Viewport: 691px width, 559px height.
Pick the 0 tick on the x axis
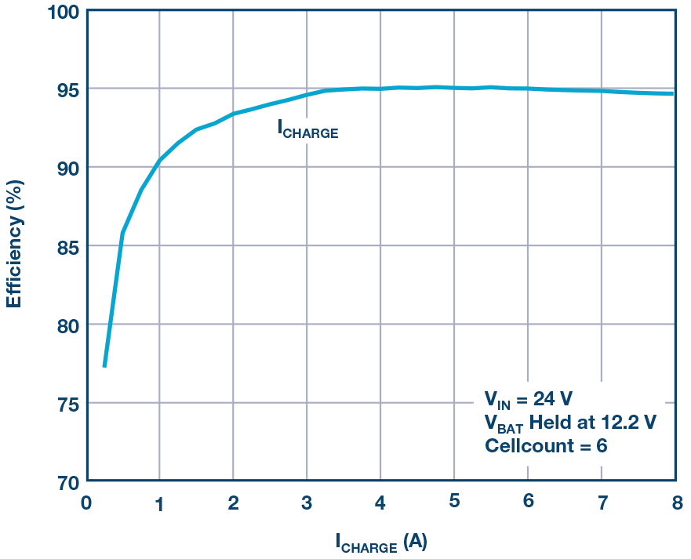(86, 502)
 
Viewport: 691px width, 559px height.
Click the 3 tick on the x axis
(307, 502)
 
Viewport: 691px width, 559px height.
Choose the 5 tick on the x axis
(454, 502)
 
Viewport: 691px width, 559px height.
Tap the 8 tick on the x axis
(675, 502)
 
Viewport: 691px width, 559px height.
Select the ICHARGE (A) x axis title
(380, 542)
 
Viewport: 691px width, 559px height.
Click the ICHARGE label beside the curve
(307, 129)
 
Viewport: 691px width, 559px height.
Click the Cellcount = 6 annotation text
(546, 446)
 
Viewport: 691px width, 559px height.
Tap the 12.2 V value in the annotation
(627, 421)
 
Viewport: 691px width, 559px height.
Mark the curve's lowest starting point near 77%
(104, 365)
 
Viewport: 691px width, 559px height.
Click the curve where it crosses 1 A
(160, 160)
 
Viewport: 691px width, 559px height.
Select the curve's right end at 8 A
(673, 93)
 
